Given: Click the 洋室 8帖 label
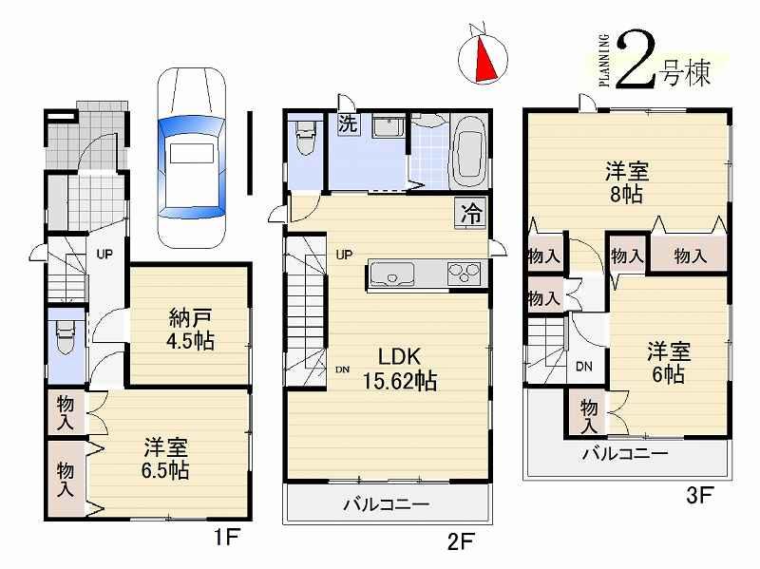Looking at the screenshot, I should (x=627, y=183).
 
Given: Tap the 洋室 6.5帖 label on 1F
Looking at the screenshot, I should (x=166, y=457).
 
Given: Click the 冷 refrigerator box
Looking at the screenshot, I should (x=470, y=214).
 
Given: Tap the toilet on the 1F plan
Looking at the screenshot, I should (x=64, y=337).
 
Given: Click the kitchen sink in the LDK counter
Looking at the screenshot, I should (x=389, y=275).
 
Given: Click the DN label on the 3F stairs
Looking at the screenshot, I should (x=585, y=366).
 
